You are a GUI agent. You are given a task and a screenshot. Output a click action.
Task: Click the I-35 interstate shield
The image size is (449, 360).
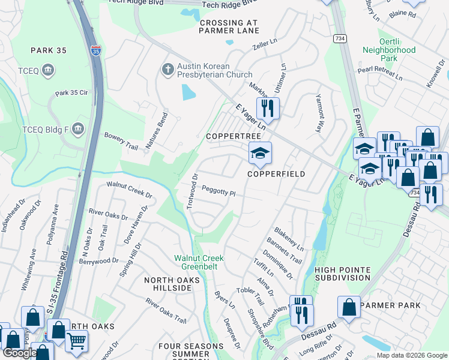96,50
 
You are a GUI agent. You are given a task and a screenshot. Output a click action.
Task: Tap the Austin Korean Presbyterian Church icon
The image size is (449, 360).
168,71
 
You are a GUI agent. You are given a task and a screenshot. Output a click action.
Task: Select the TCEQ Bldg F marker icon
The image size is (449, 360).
77,129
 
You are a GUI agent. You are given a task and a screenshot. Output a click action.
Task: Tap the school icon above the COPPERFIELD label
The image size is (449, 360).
261,154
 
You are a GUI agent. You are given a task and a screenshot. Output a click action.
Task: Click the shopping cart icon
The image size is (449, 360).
76,341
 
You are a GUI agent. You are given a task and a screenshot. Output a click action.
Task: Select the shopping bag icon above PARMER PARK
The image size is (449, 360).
349,308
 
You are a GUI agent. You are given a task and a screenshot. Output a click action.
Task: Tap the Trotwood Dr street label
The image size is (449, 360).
192,191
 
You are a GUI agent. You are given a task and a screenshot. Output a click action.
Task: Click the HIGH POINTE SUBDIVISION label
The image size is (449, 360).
342,274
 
